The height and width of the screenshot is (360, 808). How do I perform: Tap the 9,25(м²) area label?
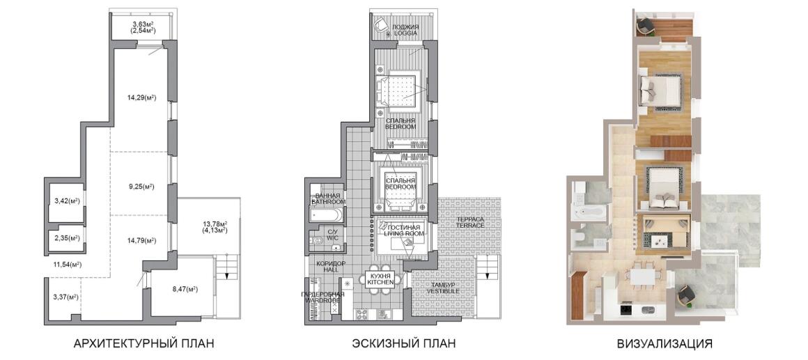(x=141, y=186)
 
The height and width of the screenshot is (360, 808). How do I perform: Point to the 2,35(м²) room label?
(x=66, y=238)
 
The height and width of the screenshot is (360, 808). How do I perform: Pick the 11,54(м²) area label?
(x=67, y=264)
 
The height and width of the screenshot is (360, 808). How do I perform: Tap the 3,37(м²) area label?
(x=65, y=297)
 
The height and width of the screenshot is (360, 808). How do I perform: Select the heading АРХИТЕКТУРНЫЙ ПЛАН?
(x=143, y=343)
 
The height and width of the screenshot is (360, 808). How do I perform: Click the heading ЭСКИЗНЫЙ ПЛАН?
(x=404, y=343)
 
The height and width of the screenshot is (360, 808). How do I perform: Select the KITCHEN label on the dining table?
(x=381, y=282)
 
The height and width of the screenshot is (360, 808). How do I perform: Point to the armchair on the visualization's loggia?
(x=644, y=26)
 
